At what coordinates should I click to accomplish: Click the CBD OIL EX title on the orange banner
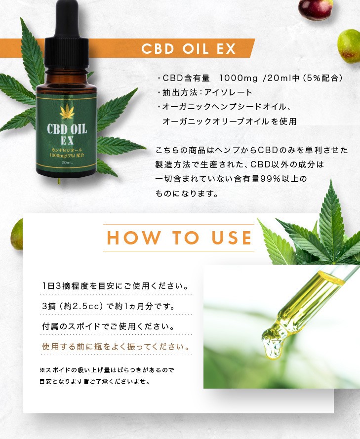point(189,49)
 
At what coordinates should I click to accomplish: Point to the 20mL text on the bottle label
point(66,162)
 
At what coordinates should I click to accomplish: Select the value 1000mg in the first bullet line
point(239,78)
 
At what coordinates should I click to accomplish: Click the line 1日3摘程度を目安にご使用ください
point(115,286)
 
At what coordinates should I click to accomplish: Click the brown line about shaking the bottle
point(116,346)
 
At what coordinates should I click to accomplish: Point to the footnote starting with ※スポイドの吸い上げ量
point(106,369)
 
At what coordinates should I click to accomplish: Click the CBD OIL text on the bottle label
point(67,129)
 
